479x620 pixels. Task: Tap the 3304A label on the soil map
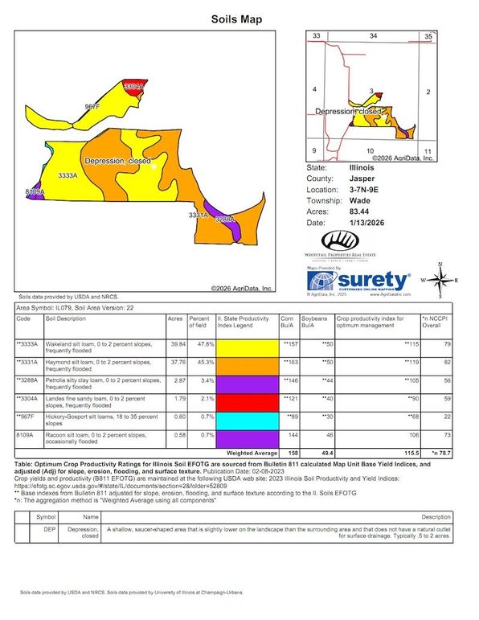pos(133,85)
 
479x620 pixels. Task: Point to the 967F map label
pos(92,106)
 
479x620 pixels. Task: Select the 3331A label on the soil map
pos(198,216)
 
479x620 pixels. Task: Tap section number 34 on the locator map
pos(373,36)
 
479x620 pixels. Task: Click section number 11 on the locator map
pos(428,151)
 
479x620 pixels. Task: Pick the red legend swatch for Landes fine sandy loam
pos(245,400)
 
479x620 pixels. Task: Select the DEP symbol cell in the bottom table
pos(48,532)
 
